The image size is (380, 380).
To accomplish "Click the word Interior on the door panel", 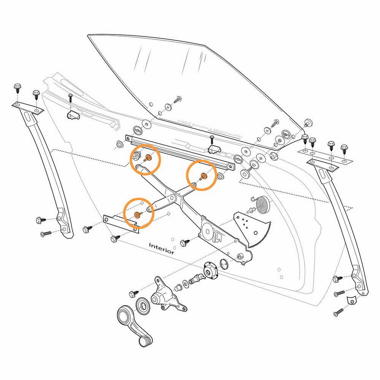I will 162,249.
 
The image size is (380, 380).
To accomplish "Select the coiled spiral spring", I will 262,206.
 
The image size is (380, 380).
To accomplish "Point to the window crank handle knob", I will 144,340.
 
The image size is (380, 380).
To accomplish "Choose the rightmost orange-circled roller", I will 203,176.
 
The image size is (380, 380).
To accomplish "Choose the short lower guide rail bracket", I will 121,224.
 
